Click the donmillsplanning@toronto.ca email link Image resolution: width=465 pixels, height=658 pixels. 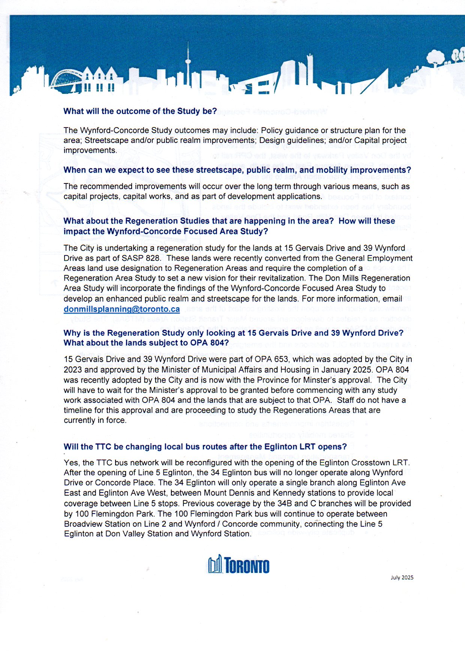coord(121,309)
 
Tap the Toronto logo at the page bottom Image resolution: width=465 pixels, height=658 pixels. coord(238,565)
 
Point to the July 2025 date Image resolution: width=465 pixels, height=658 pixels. coord(402,577)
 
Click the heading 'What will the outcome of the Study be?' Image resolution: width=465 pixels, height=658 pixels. coord(140,111)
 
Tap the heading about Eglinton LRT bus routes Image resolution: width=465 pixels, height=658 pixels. coord(205,446)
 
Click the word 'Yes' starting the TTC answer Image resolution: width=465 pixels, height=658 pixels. coord(71,463)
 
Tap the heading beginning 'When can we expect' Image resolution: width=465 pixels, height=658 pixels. coord(237,170)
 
